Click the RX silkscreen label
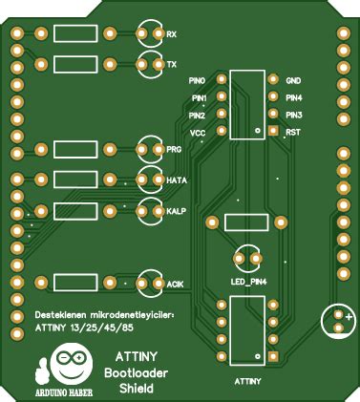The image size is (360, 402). (172, 35)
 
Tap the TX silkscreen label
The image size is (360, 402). (172, 65)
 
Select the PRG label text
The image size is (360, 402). (174, 150)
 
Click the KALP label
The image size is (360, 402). (176, 210)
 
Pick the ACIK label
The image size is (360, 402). (175, 285)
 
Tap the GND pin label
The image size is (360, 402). (293, 80)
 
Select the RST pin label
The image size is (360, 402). (293, 132)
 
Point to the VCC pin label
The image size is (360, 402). (198, 133)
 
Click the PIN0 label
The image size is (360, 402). (198, 80)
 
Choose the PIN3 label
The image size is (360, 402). (294, 115)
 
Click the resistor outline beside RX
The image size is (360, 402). (74, 35)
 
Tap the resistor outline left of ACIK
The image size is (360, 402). (74, 283)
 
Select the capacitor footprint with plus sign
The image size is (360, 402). (340, 320)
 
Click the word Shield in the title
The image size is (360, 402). (137, 389)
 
